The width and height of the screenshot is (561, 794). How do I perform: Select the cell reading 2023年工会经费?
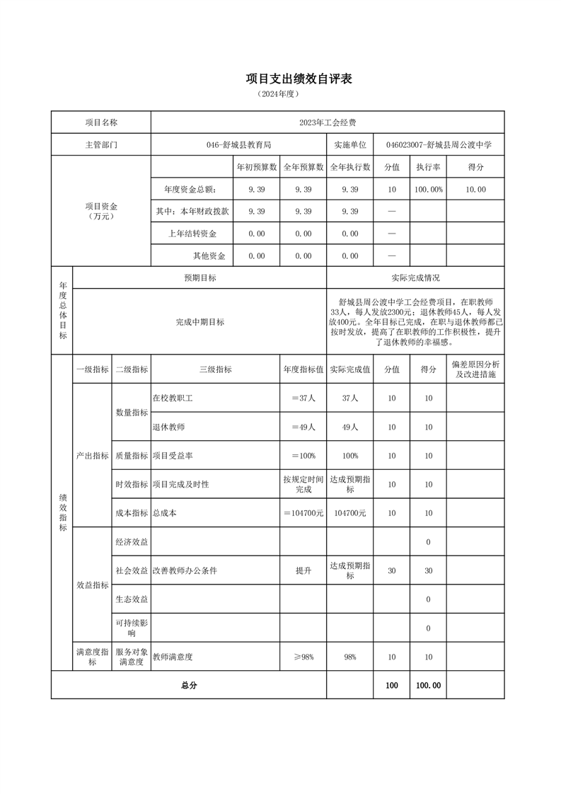(327, 122)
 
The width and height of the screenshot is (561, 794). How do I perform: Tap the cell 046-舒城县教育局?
(238, 144)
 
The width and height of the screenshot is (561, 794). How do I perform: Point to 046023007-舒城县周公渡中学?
(439, 144)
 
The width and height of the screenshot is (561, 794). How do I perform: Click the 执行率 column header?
(428, 167)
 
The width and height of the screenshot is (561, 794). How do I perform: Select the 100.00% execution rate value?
(428, 189)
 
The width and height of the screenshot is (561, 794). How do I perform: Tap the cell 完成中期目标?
(199, 322)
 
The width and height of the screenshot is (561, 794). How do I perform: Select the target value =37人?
(303, 398)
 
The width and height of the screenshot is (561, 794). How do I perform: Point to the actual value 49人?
(350, 427)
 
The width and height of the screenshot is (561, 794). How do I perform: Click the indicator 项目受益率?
(170, 456)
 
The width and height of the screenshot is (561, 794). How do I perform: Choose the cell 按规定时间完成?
(303, 485)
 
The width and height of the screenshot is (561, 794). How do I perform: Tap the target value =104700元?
(303, 513)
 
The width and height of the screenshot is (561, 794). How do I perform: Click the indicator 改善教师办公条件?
(184, 570)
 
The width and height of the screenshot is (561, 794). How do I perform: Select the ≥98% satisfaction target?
(303, 657)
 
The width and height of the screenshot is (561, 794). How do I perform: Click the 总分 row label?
(189, 685)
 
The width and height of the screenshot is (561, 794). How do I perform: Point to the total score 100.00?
(428, 685)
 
